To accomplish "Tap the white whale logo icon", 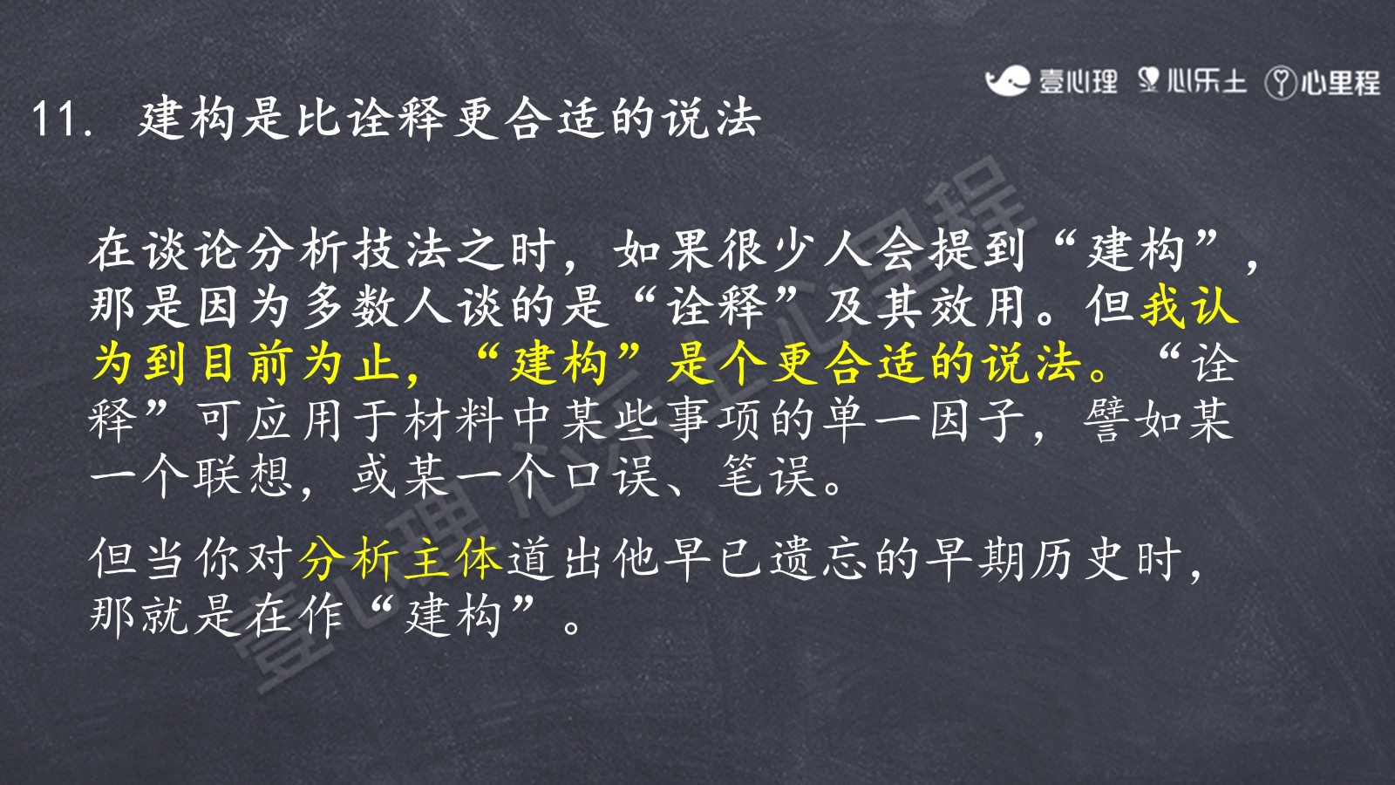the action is [1007, 81].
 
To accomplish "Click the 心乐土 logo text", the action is [1206, 82].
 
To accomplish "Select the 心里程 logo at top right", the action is [1323, 83].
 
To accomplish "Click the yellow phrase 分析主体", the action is [401, 558].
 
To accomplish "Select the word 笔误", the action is [767, 476].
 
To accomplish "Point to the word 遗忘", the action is [820, 558].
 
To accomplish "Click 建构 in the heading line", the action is [186, 119].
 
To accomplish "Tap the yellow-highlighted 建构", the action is [558, 364].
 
